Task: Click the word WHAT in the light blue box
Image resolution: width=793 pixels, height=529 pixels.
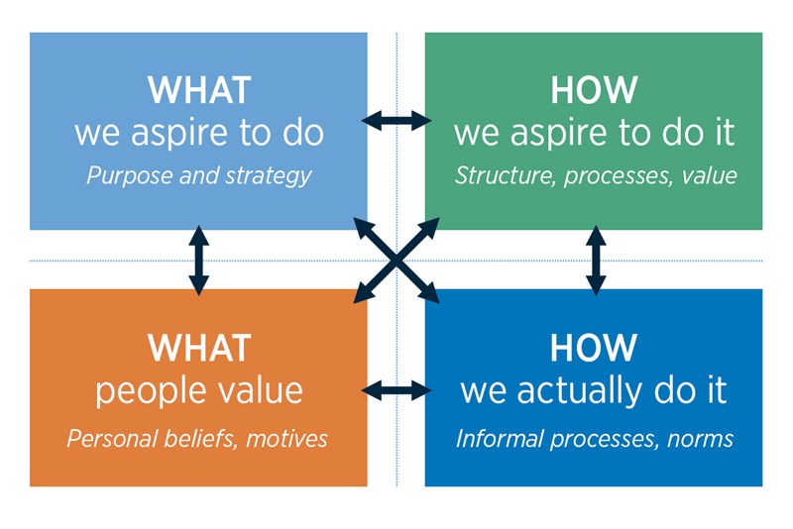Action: click(198, 90)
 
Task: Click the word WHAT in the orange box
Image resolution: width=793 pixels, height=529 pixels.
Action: click(198, 348)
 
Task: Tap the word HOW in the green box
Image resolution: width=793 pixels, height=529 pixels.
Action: click(594, 90)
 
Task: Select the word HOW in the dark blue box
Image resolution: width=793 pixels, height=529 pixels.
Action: click(594, 348)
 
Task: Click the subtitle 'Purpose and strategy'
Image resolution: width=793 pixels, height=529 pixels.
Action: click(198, 176)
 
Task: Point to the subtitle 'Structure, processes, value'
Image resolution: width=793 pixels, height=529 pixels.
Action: click(595, 176)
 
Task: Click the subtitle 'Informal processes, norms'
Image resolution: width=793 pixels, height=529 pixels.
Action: click(595, 438)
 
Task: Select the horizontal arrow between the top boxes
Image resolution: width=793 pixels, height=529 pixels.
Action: click(396, 121)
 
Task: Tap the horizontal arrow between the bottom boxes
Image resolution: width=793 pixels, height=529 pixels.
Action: click(396, 390)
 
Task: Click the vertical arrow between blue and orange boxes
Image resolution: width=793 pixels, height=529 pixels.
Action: click(198, 260)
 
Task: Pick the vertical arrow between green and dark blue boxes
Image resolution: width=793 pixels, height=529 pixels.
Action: click(596, 260)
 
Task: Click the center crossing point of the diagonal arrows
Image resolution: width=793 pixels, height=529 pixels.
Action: click(396, 260)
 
